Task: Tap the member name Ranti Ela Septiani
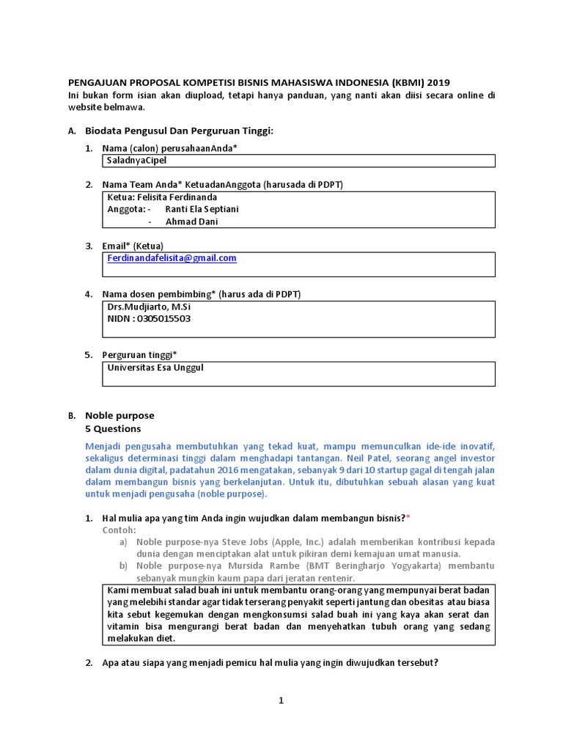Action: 202,209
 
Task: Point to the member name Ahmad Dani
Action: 191,221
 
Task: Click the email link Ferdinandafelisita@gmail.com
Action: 172,258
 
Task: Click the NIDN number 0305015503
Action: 159,319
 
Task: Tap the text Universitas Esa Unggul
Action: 155,367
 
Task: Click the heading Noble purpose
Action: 119,415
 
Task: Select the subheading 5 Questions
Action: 113,428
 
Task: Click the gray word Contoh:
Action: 119,530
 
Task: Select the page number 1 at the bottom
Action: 281,701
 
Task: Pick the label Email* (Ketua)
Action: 133,246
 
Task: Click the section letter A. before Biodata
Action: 71,131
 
